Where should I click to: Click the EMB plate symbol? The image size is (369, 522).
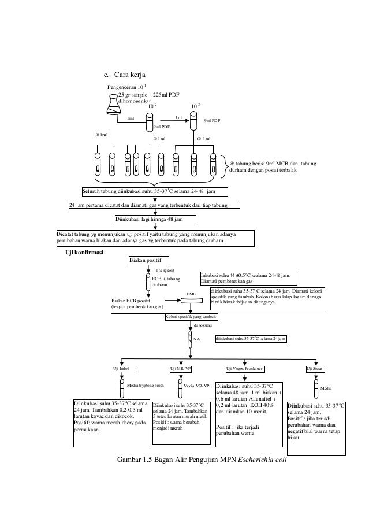pyautogui.click(x=190, y=298)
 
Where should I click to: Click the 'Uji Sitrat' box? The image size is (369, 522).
pyautogui.click(x=315, y=368)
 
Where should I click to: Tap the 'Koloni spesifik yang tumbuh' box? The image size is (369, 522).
pyautogui.click(x=191, y=317)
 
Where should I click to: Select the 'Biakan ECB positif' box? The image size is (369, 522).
pyautogui.click(x=137, y=304)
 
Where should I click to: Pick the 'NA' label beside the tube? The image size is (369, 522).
pyautogui.click(x=196, y=339)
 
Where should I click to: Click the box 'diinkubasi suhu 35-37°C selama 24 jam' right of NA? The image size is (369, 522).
pyautogui.click(x=251, y=338)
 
